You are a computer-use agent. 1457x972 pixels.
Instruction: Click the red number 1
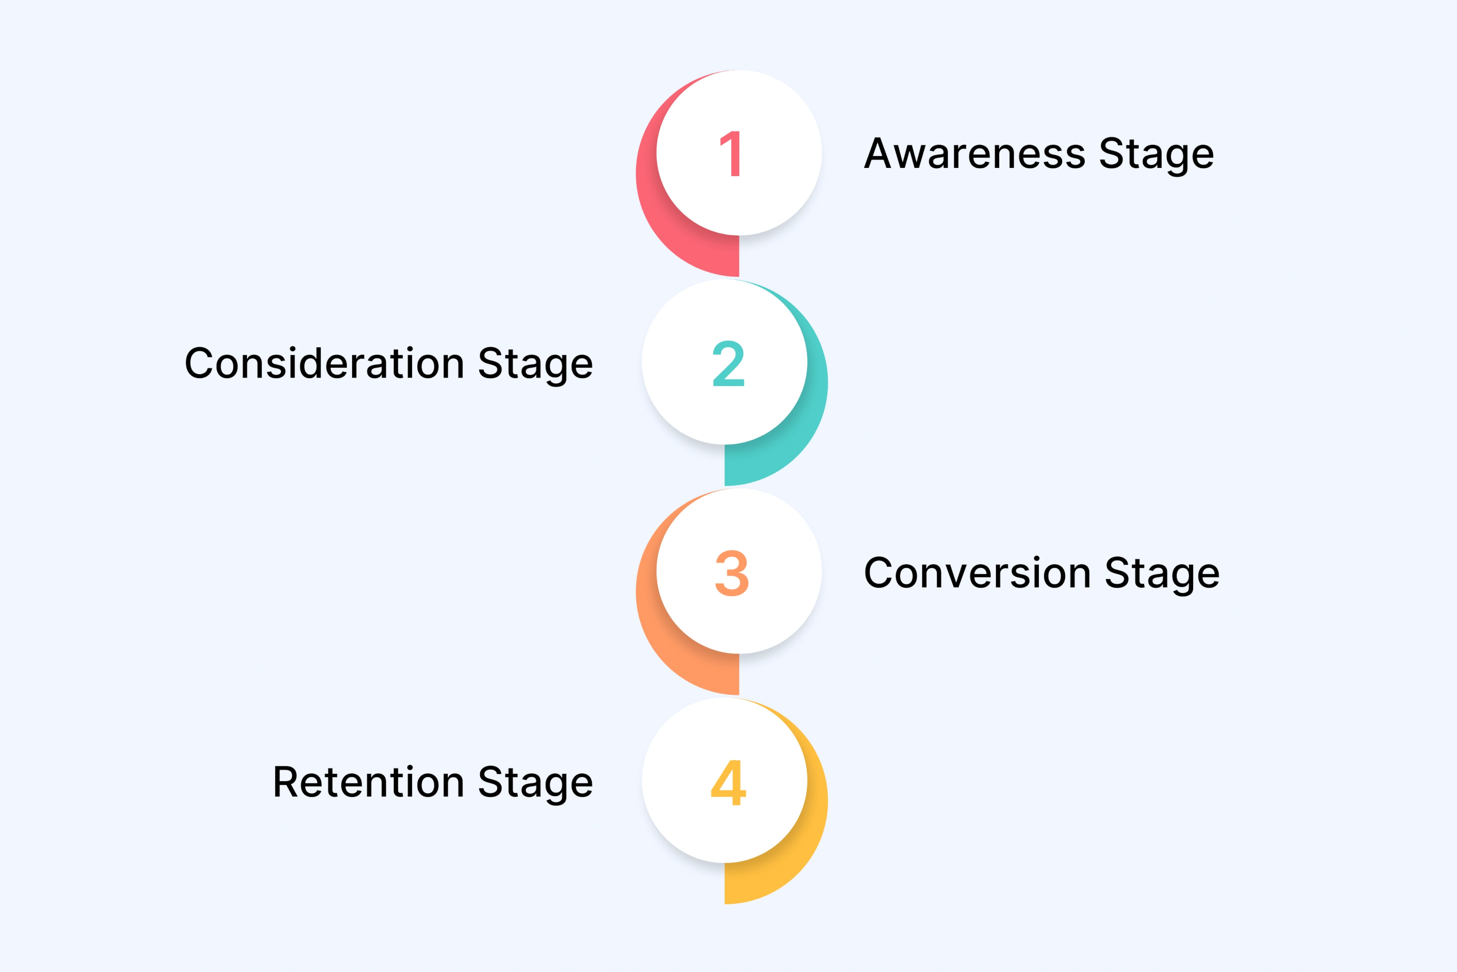tap(731, 154)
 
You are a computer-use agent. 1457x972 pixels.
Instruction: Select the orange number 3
tap(732, 573)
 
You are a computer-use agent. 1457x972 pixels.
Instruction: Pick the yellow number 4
tap(728, 782)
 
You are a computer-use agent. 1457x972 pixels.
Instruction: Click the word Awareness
tap(974, 154)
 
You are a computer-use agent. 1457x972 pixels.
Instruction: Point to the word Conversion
tap(978, 573)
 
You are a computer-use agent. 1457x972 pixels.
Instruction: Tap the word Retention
tap(369, 782)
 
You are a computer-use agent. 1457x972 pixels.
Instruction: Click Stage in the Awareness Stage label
tap(1156, 154)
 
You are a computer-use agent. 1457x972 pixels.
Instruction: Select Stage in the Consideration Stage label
tap(535, 364)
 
